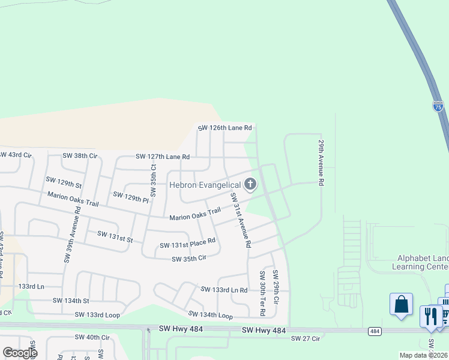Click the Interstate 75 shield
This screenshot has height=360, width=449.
coord(438,106)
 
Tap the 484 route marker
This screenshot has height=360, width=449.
coord(375,331)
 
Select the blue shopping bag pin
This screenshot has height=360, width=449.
coord(401,304)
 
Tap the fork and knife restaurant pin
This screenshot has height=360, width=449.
coord(430,315)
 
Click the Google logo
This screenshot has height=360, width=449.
coord(20,353)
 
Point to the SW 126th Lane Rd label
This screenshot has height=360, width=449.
coord(225,128)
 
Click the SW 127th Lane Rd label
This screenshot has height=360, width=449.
coord(163,157)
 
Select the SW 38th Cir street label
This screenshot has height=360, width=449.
coord(80,155)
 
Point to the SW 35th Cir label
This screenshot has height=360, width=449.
coord(189,259)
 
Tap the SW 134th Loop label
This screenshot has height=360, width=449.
coord(210,315)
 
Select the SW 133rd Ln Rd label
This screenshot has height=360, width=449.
coord(224,290)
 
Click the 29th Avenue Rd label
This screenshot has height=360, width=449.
coord(321,163)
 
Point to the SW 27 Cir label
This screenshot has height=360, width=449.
coord(306,338)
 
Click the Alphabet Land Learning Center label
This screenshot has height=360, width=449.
coord(420,262)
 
